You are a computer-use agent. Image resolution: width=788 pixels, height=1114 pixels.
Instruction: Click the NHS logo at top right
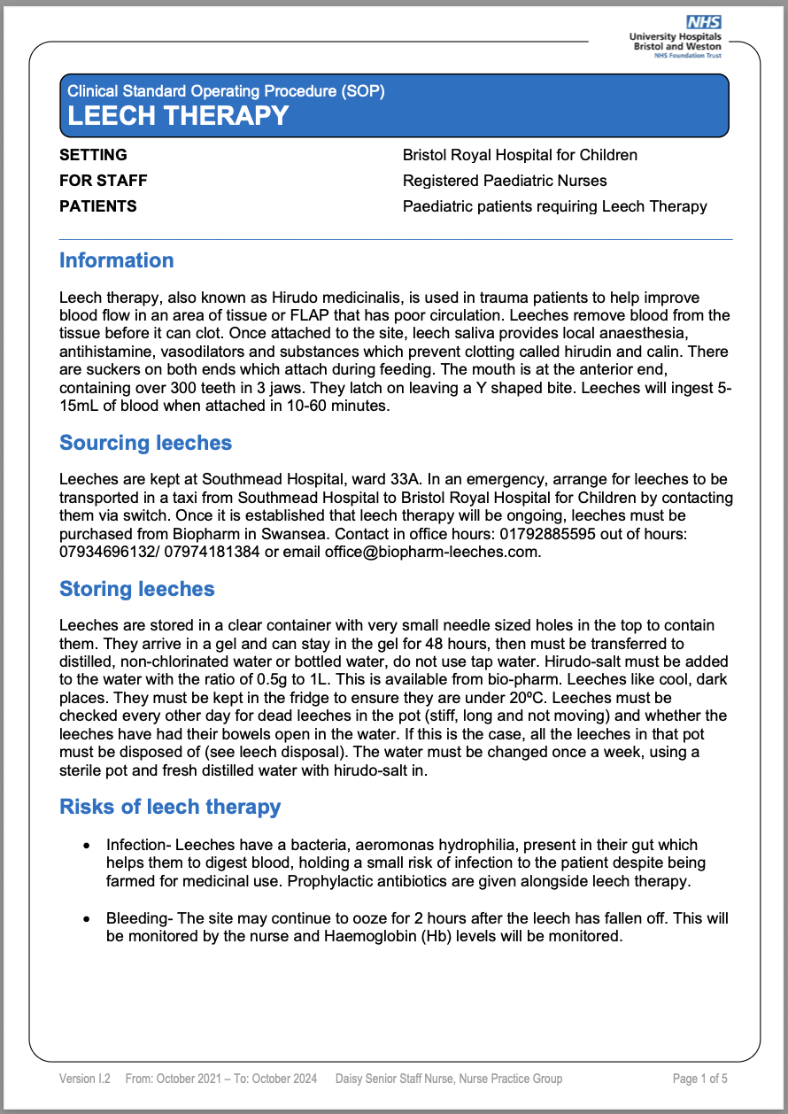click(x=704, y=22)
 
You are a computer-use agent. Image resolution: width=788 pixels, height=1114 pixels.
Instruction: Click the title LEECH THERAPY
click(x=178, y=115)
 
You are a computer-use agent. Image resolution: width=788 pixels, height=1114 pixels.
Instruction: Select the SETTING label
click(x=93, y=155)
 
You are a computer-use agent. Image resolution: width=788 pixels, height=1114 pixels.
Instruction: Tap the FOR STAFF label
click(x=103, y=181)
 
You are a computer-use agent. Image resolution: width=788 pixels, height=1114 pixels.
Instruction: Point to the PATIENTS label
click(x=97, y=206)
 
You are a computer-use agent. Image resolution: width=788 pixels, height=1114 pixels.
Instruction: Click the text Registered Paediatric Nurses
click(x=505, y=181)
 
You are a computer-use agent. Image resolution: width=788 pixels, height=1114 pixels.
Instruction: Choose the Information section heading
click(x=116, y=260)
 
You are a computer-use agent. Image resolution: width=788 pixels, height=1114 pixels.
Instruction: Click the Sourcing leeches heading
click(x=145, y=443)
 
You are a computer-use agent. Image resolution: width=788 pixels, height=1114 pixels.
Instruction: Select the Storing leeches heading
click(x=136, y=589)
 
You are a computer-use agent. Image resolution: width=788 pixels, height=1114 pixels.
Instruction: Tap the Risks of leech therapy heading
click(x=169, y=807)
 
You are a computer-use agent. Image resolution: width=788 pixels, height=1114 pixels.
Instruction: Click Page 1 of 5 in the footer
click(x=700, y=1079)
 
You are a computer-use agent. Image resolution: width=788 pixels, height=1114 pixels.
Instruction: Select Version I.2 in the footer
click(x=85, y=1079)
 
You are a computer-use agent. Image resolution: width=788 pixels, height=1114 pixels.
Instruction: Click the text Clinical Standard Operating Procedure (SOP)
click(x=226, y=90)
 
